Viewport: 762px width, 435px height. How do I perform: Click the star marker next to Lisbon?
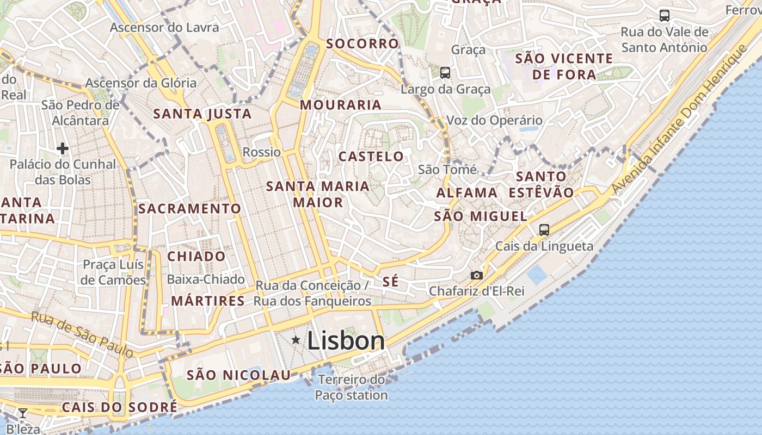[x=296, y=340]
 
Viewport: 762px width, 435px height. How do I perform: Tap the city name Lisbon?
[x=346, y=341]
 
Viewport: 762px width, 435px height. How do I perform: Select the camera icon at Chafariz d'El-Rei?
[x=476, y=275]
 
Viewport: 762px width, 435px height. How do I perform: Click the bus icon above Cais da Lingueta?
[x=544, y=229]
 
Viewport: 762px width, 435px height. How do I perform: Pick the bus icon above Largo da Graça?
[x=445, y=72]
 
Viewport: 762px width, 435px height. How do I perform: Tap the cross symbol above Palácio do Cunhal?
[x=62, y=148]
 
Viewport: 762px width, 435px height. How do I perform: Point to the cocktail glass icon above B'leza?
[x=23, y=413]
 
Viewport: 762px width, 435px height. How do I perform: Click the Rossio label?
[x=262, y=152]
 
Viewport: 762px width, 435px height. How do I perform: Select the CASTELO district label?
[x=371, y=157]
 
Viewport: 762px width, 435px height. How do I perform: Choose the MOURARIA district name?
[x=340, y=105]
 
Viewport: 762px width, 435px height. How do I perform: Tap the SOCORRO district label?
[x=362, y=43]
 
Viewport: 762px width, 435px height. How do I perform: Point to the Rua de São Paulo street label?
[x=82, y=334]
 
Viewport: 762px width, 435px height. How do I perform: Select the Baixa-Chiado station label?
[x=206, y=279]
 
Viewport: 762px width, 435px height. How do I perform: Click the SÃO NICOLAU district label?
[x=238, y=375]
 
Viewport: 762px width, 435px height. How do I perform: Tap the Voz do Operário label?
[x=494, y=120]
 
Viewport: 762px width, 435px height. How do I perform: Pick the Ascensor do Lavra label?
[x=164, y=27]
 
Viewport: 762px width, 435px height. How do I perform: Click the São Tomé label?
[x=447, y=170]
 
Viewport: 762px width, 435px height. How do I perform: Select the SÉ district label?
[x=390, y=282]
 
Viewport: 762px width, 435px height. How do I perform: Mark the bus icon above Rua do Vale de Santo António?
[x=664, y=15]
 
